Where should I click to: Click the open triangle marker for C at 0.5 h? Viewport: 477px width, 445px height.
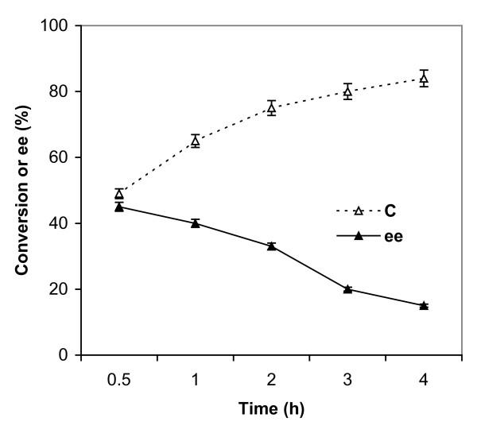click(x=119, y=194)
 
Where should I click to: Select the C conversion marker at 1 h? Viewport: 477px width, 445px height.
click(x=195, y=141)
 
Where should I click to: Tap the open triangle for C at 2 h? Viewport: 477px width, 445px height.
click(x=271, y=108)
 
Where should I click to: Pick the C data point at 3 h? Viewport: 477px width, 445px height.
click(x=347, y=91)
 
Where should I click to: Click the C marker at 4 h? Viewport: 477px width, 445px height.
click(x=424, y=78)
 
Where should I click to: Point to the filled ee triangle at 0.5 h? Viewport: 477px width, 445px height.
click(x=119, y=207)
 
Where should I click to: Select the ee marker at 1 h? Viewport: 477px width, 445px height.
click(x=195, y=223)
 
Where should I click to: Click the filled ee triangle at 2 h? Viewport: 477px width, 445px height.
click(x=271, y=246)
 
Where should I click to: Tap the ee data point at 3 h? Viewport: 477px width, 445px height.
click(x=347, y=289)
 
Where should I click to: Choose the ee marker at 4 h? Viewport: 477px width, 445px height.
click(x=424, y=305)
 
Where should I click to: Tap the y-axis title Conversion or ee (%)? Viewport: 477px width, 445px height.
click(x=21, y=191)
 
